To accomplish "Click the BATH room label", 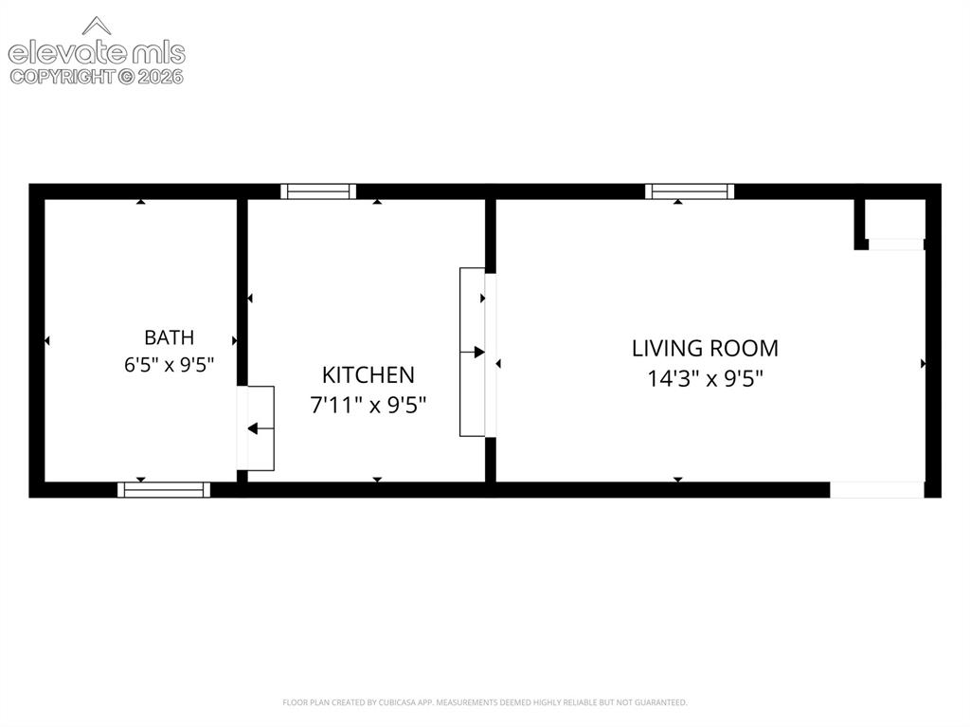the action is (x=169, y=337).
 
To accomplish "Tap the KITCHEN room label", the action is (x=368, y=375).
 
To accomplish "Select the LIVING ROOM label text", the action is (x=705, y=349).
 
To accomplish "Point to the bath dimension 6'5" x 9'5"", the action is (x=169, y=365).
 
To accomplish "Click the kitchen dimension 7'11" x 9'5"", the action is (x=368, y=406).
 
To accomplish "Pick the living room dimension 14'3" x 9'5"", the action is (x=705, y=378).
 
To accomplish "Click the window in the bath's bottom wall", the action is (x=164, y=490).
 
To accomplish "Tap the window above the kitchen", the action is (x=318, y=191).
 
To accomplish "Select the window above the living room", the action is (x=690, y=191).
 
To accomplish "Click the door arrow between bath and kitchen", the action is (x=260, y=428).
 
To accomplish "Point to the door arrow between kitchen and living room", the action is (x=472, y=353).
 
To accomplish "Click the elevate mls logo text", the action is (x=97, y=54).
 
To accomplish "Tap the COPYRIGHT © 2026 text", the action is (x=97, y=77).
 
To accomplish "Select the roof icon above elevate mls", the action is (x=97, y=26).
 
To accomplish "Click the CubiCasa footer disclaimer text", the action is (x=484, y=702).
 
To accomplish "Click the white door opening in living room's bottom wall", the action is (x=876, y=490).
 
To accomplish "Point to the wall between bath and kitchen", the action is (x=242, y=292).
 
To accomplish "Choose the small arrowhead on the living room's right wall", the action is (x=923, y=364).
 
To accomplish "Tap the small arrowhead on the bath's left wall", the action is (x=47, y=340).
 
